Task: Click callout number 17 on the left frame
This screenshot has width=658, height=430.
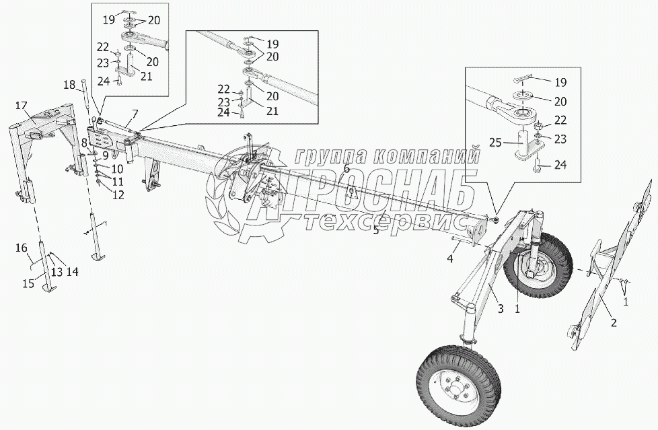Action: click(x=21, y=105)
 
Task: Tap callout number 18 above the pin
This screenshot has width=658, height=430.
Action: click(x=69, y=84)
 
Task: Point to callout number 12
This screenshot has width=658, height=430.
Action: click(x=118, y=195)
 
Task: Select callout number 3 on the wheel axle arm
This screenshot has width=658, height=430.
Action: click(x=501, y=308)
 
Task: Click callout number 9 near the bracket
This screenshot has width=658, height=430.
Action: click(x=106, y=155)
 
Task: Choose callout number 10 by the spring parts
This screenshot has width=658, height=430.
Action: click(x=117, y=168)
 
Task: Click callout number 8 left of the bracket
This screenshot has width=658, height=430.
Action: click(x=84, y=143)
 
